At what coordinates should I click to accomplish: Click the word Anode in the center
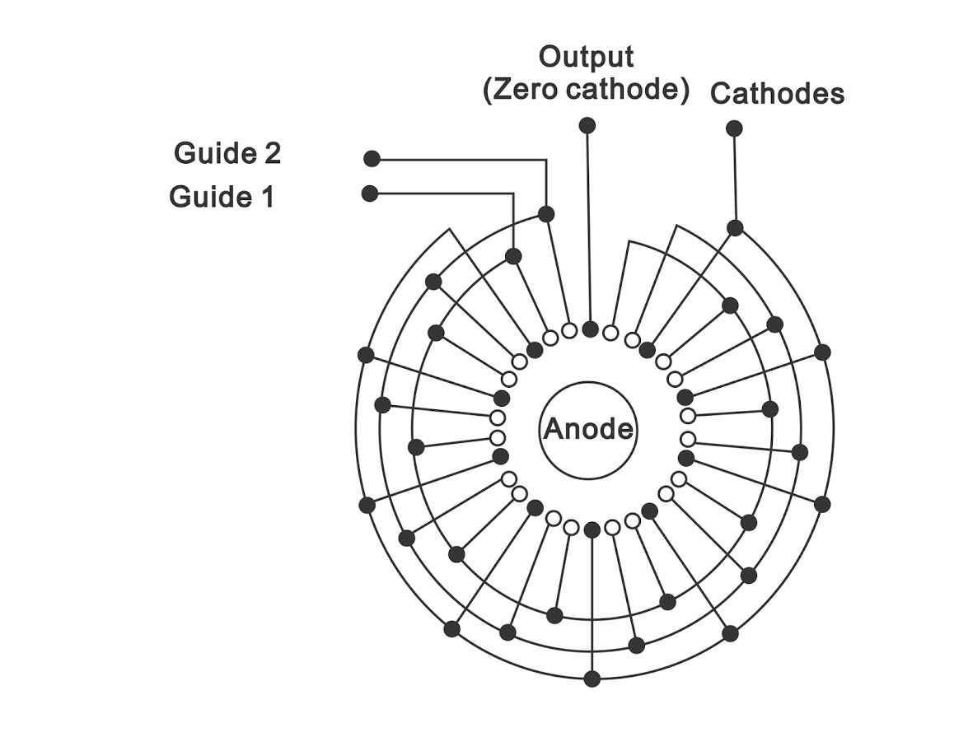pyautogui.click(x=588, y=429)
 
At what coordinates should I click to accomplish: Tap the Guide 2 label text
pyautogui.click(x=227, y=153)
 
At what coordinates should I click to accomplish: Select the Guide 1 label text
pyautogui.click(x=222, y=197)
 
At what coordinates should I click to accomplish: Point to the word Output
pyautogui.click(x=586, y=58)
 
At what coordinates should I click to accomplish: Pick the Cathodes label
pyautogui.click(x=777, y=94)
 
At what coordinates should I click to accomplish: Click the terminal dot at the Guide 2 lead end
pyautogui.click(x=372, y=158)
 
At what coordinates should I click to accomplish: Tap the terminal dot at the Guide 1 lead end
pyautogui.click(x=370, y=194)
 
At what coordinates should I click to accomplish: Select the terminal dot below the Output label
pyautogui.click(x=587, y=125)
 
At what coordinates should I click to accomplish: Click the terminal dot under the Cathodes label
pyautogui.click(x=734, y=128)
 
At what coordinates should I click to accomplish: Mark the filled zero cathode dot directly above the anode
pyautogui.click(x=590, y=329)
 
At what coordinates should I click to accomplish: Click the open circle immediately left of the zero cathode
pyautogui.click(x=569, y=330)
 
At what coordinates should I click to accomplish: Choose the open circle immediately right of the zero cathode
pyautogui.click(x=610, y=333)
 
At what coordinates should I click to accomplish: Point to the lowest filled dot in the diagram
pyautogui.click(x=592, y=679)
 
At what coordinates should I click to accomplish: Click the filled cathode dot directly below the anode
pyautogui.click(x=592, y=529)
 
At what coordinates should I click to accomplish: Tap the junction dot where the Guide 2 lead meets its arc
pyautogui.click(x=545, y=214)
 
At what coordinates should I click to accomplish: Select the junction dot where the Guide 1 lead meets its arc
pyautogui.click(x=513, y=256)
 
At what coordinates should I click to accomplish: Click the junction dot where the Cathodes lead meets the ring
pyautogui.click(x=735, y=228)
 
